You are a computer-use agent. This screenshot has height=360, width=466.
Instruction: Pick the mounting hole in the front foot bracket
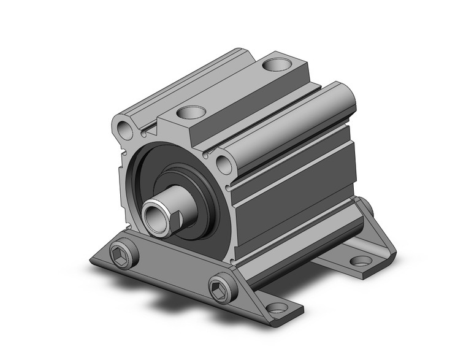[x=277, y=307]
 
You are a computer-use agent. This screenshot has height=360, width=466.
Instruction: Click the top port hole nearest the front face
[x=189, y=112]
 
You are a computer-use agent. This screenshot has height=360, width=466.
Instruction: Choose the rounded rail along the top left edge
[x=184, y=80]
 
